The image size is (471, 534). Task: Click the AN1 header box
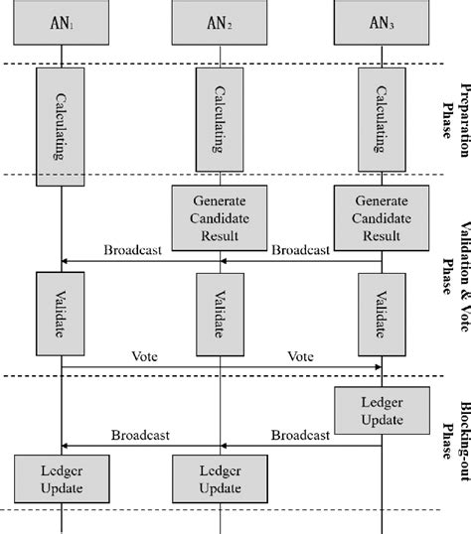click(x=63, y=22)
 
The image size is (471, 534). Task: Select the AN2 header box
click(x=221, y=22)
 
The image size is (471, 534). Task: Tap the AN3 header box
click(x=383, y=22)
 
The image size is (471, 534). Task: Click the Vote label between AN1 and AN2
click(x=146, y=354)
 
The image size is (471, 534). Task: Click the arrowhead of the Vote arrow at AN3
click(x=378, y=367)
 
